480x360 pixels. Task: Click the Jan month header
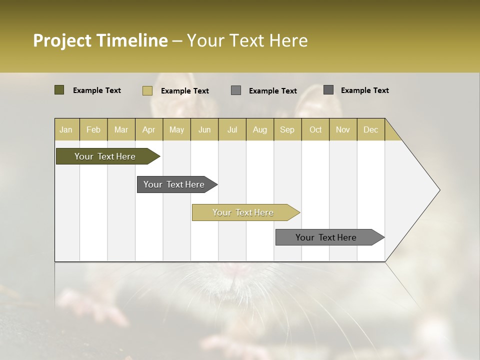[66, 129]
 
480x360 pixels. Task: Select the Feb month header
[93, 129]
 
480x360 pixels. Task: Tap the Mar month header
[121, 129]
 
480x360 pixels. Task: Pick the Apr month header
[149, 129]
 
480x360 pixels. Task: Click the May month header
[176, 129]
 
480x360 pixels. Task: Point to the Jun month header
[204, 129]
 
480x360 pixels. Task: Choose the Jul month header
[232, 129]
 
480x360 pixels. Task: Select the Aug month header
[260, 129]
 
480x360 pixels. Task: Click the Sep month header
[287, 129]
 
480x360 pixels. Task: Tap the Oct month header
[315, 129]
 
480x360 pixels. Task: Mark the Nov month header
[343, 129]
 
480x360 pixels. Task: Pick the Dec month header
[371, 129]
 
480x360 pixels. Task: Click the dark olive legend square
[59, 90]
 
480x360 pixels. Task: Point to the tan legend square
[147, 90]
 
